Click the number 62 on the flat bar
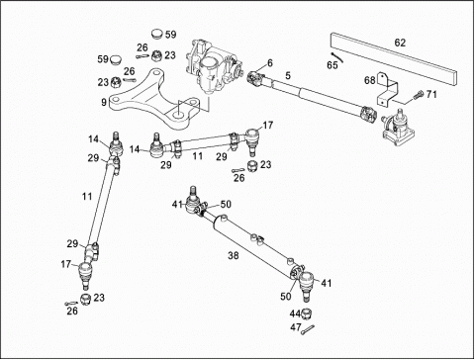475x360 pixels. (x=400, y=43)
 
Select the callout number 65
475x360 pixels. (x=332, y=65)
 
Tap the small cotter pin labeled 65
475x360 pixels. (x=337, y=57)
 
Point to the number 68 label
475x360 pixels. (x=370, y=80)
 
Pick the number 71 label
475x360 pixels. (x=431, y=95)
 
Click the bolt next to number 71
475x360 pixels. (x=418, y=96)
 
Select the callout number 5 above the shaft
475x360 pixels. (x=288, y=76)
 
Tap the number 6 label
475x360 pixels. (x=270, y=62)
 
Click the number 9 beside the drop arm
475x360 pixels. (x=104, y=102)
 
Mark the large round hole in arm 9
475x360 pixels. (x=179, y=116)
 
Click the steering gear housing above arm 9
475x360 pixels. (x=213, y=66)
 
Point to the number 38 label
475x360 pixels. (x=233, y=255)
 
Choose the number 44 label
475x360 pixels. (x=295, y=313)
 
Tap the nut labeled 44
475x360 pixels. (x=306, y=315)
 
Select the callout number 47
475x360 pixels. (x=296, y=327)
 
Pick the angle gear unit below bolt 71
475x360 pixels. (x=398, y=130)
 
